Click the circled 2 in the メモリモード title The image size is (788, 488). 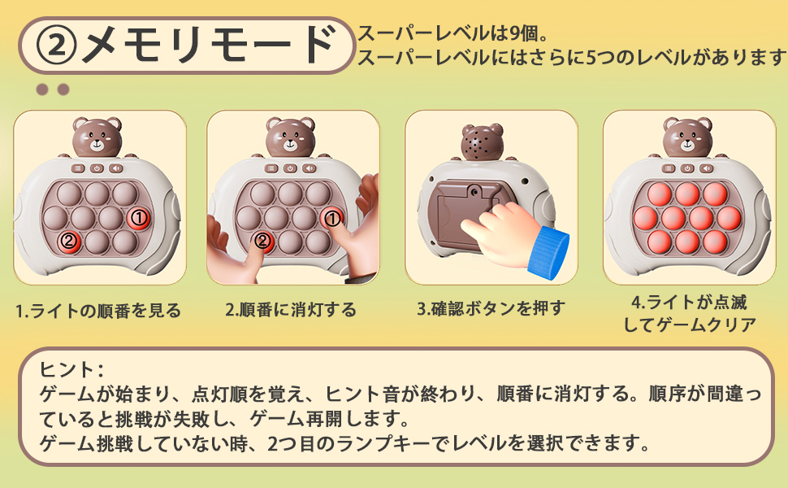[57, 46]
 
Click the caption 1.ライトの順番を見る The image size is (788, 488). [98, 311]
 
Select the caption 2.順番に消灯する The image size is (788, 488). [291, 309]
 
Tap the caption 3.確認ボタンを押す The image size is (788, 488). [491, 308]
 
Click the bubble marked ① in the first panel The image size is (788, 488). [138, 218]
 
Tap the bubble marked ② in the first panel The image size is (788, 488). [69, 242]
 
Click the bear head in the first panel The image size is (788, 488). [97, 136]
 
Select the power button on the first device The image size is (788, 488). [97, 168]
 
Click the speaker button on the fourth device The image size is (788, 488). [708, 168]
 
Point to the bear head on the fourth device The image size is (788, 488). [687, 136]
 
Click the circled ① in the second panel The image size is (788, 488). [331, 218]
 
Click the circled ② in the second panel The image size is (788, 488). [262, 242]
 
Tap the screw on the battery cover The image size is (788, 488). [473, 192]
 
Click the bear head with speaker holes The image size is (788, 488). [482, 142]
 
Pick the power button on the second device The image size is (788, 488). [290, 168]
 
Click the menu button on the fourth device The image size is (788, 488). [669, 168]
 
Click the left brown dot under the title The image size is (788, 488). [42, 89]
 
